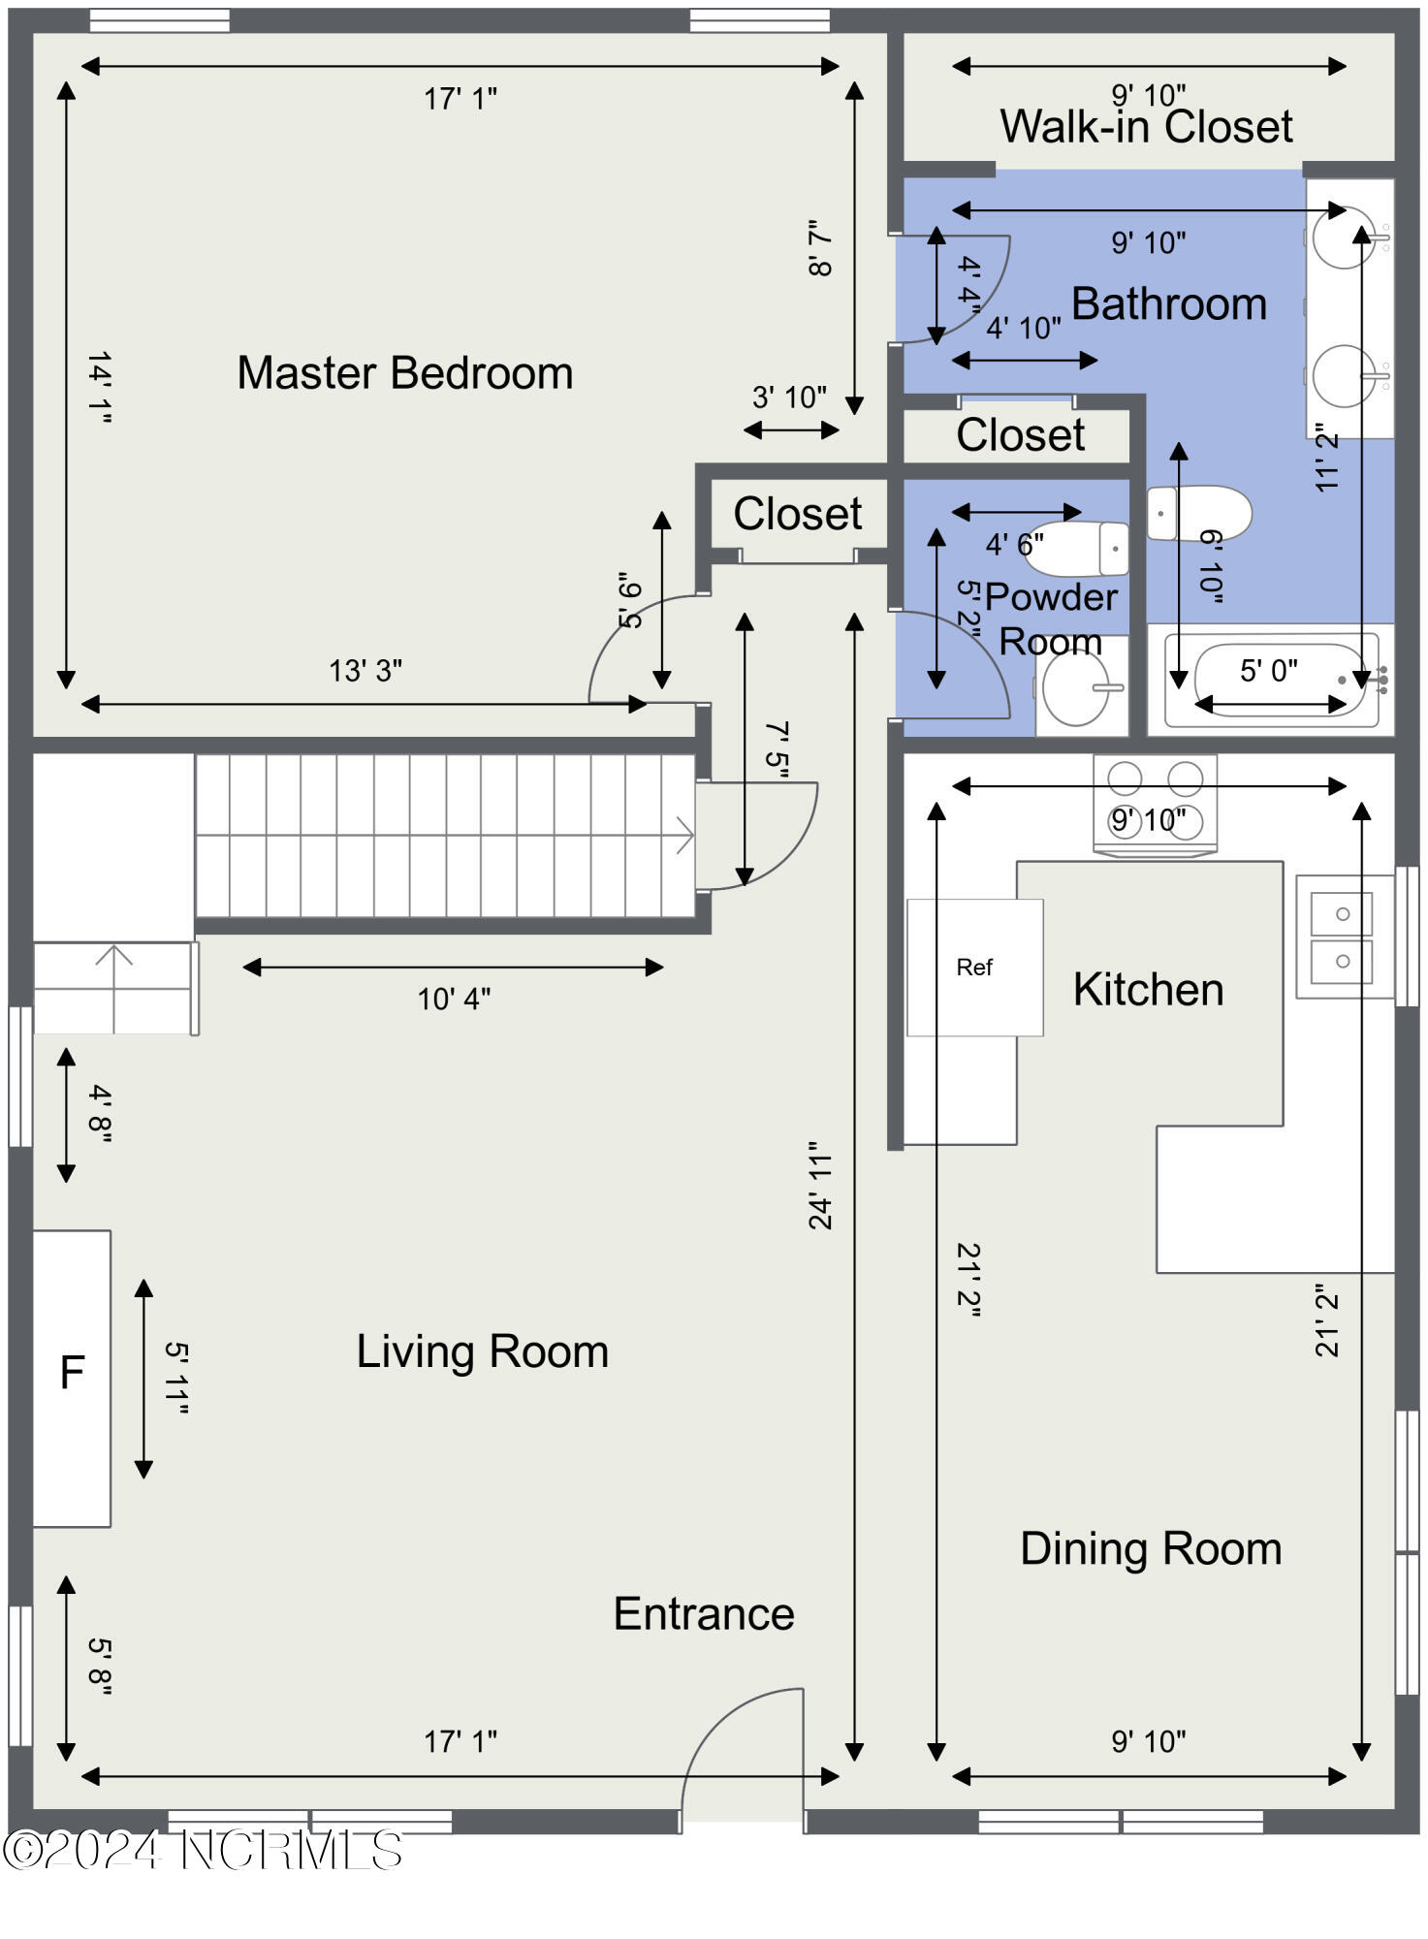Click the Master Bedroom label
tap(405, 373)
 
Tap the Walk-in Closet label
tap(1147, 126)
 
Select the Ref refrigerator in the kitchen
tap(975, 968)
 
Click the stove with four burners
tap(1155, 803)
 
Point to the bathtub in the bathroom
tap(1271, 680)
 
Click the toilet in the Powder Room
tap(1077, 549)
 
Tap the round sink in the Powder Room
tap(1076, 688)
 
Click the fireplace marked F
tap(72, 1379)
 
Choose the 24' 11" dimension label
tap(821, 1186)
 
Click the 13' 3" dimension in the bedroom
tap(365, 670)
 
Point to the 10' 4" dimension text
tap(454, 999)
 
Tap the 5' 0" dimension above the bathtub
tap(1269, 670)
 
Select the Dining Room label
tap(1151, 1548)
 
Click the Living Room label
tap(483, 1351)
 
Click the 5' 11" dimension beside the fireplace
tap(176, 1378)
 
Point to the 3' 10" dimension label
tap(789, 397)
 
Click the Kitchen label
tap(1149, 990)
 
